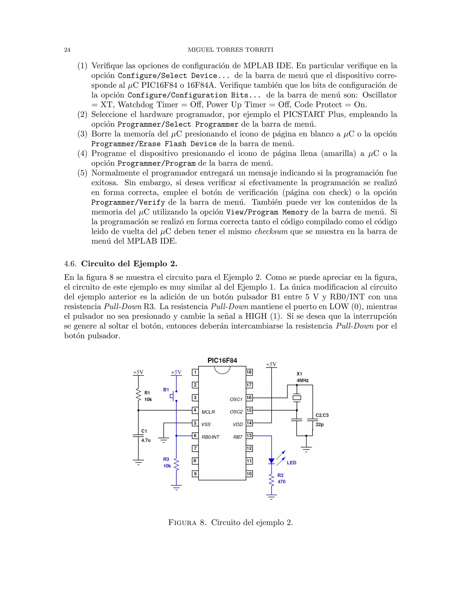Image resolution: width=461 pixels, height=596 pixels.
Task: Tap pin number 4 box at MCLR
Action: click(x=195, y=410)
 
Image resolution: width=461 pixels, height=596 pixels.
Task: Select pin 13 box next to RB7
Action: click(x=249, y=436)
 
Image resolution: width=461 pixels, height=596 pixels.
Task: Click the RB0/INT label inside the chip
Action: click(x=210, y=437)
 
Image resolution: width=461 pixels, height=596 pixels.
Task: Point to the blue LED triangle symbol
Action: click(x=271, y=461)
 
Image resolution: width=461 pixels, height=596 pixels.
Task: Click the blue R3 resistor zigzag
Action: click(x=176, y=464)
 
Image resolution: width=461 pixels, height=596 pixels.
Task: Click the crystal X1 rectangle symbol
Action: click(x=297, y=398)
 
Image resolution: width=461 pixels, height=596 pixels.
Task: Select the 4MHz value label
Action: click(x=303, y=380)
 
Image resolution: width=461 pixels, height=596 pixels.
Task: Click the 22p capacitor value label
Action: click(x=320, y=425)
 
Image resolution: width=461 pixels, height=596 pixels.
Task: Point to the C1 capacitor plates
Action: click(x=138, y=436)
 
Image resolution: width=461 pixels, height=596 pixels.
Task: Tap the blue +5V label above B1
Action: click(x=176, y=372)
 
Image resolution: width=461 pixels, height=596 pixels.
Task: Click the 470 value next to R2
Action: click(x=281, y=482)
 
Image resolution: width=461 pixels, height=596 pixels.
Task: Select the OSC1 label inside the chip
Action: click(x=236, y=399)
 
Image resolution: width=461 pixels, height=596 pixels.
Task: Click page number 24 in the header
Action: click(x=67, y=50)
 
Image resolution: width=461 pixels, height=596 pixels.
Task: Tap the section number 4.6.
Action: click(x=70, y=264)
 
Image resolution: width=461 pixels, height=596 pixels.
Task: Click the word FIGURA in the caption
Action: click(x=182, y=523)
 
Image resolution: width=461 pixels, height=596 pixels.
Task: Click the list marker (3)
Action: click(x=82, y=134)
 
